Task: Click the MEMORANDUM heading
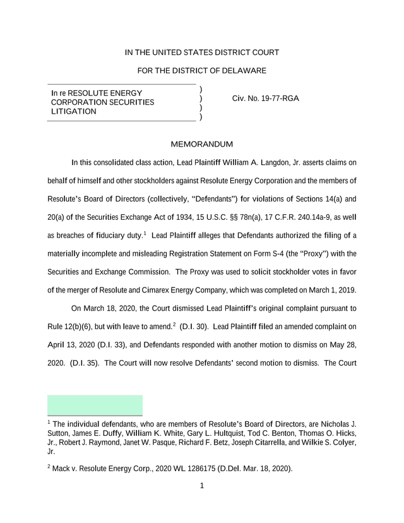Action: coord(201,144)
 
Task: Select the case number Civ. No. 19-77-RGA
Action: coord(266,99)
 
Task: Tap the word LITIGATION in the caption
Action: coord(74,112)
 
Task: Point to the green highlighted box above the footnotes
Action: coord(95,405)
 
